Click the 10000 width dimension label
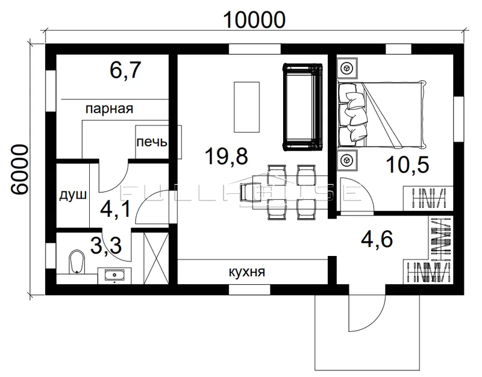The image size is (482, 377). (x=254, y=20)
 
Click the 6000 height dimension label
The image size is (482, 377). (x=19, y=169)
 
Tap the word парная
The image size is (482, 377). (x=109, y=109)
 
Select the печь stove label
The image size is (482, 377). (x=152, y=142)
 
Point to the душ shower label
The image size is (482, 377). (x=73, y=195)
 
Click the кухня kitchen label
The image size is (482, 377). (x=247, y=272)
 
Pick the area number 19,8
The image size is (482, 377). (x=227, y=156)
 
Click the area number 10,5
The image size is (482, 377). (x=407, y=164)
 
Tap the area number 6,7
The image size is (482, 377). (x=125, y=70)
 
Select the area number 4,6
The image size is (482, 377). (x=377, y=238)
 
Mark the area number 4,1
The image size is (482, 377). (x=116, y=209)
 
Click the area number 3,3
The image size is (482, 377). (x=107, y=245)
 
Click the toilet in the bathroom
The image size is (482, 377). (x=77, y=262)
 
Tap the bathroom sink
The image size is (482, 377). (x=114, y=275)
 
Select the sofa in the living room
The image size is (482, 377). (x=303, y=107)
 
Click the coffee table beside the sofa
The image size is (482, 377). (x=246, y=107)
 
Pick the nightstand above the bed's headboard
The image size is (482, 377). (x=347, y=68)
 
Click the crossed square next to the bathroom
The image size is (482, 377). (x=156, y=258)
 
